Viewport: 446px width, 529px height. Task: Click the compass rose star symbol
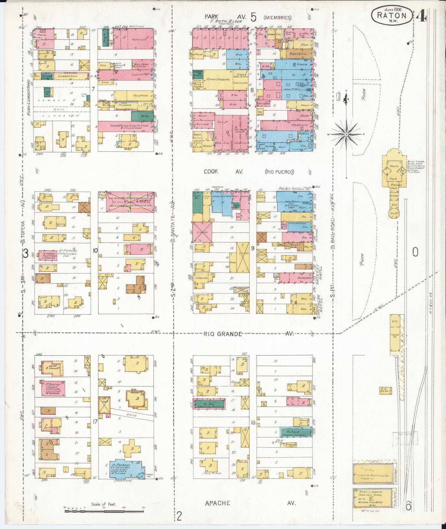(x=346, y=134)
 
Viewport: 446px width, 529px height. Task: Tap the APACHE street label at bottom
(x=218, y=503)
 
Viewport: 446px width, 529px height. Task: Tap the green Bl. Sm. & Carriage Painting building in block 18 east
(x=296, y=440)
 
